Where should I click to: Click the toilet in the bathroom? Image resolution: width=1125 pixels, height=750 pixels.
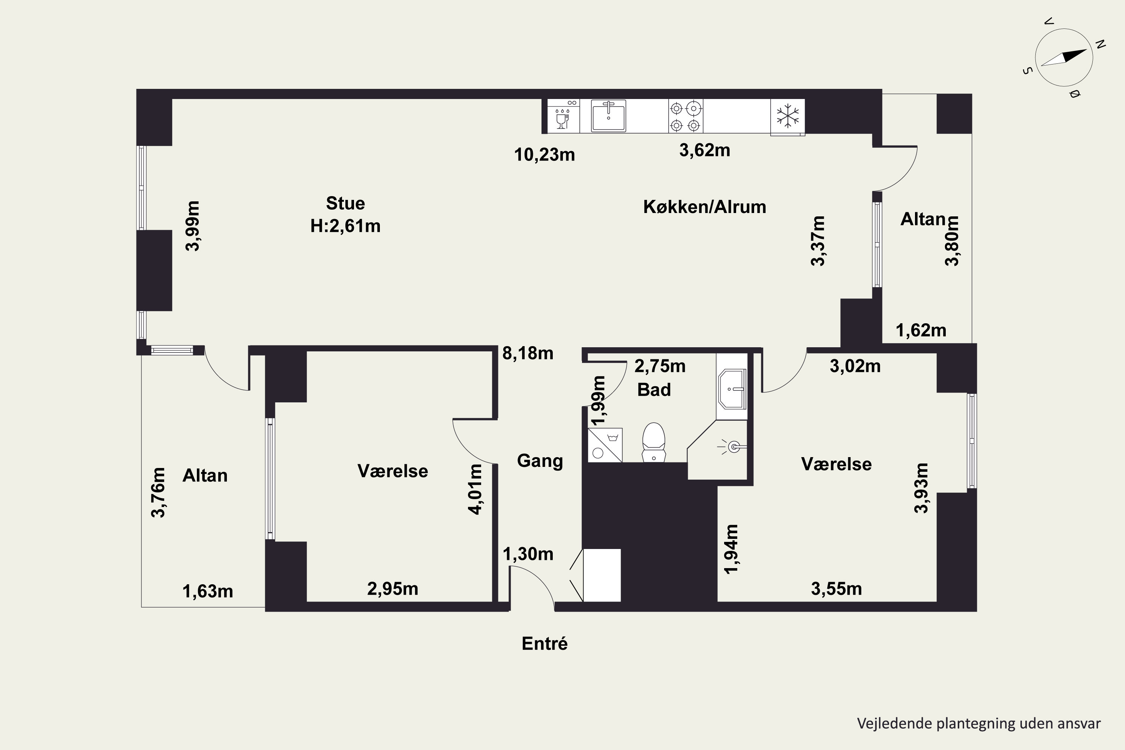(653, 442)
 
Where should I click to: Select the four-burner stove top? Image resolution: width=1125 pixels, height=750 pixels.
(685, 116)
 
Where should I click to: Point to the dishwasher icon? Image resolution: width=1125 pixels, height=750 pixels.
(564, 116)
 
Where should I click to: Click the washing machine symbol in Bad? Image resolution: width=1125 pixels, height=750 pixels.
(604, 445)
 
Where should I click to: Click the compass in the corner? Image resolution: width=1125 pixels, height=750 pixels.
(1064, 58)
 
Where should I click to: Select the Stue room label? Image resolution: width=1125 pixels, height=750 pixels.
(345, 203)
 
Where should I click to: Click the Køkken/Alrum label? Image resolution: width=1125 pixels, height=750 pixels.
(705, 207)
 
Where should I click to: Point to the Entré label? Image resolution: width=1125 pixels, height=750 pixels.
(544, 643)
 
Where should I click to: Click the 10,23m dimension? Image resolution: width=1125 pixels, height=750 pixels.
(544, 155)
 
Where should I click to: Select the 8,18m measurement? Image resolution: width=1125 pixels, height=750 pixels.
(528, 354)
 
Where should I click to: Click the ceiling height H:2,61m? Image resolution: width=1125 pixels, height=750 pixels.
(345, 226)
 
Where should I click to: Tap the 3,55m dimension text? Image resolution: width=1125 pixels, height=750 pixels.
(837, 589)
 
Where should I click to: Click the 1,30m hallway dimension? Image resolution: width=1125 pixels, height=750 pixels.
(528, 554)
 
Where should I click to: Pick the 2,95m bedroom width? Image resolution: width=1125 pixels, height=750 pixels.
(393, 589)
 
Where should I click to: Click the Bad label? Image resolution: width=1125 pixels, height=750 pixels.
(654, 390)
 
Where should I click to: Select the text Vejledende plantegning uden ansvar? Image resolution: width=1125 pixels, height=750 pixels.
(979, 723)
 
